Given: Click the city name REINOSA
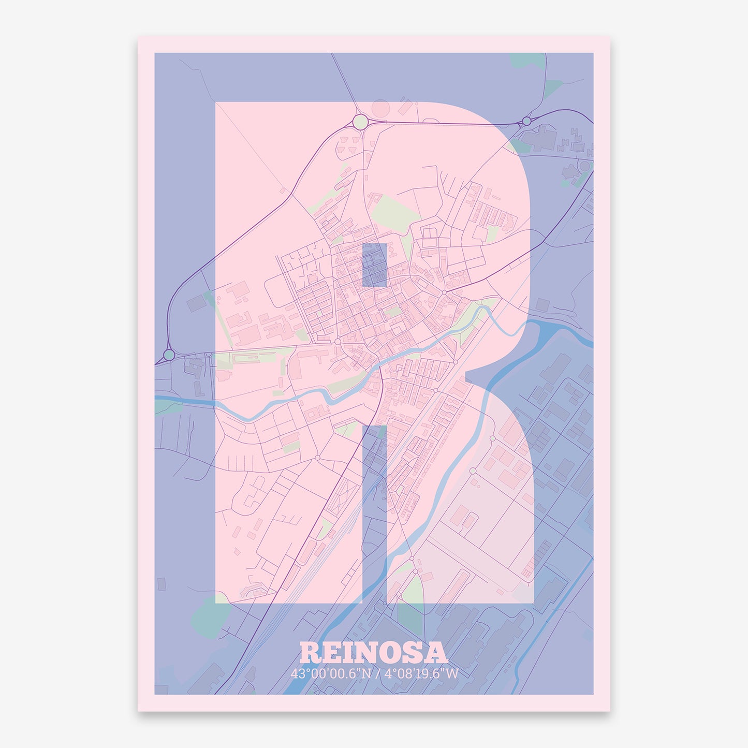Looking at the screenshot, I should (x=373, y=653).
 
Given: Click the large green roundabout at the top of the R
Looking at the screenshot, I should (x=360, y=122).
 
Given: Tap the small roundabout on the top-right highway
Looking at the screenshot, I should (x=526, y=121).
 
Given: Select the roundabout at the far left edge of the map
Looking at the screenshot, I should (x=169, y=355).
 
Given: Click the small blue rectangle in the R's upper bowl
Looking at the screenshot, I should (x=374, y=265).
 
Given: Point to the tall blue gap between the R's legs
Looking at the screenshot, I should (x=374, y=512).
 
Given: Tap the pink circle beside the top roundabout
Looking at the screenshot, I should (x=380, y=109).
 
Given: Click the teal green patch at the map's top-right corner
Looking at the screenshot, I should (x=528, y=61).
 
